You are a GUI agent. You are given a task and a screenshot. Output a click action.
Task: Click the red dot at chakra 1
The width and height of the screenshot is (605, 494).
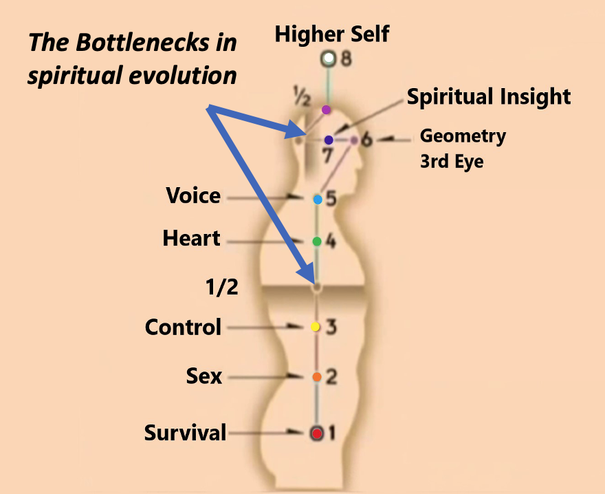coord(317,433)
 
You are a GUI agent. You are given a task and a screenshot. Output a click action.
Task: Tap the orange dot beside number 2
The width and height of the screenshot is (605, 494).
coord(317,377)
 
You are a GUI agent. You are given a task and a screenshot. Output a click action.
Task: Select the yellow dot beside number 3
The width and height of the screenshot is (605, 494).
coord(316,327)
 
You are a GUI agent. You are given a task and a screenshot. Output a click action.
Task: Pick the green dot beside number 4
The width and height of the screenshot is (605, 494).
coord(317,241)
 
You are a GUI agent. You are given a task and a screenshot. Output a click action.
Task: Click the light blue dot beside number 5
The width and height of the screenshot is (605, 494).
coord(318,200)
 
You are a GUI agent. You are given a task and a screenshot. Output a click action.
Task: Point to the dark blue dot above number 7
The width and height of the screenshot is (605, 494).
coord(329,140)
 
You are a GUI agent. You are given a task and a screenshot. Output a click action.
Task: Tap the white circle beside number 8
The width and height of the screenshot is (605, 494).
coord(329,59)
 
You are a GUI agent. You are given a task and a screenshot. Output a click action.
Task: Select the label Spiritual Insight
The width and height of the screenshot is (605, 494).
coord(489,97)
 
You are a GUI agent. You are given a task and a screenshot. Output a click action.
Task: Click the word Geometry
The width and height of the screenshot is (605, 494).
coord(463,136)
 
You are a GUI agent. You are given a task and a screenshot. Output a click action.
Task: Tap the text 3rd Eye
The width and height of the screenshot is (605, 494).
coord(452,162)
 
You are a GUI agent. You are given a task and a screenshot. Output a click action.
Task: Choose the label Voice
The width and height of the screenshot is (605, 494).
coord(193,196)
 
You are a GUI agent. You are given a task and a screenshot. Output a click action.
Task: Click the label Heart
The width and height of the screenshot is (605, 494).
coord(191,239)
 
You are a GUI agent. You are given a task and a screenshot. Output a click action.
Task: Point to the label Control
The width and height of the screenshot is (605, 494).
coord(183,327)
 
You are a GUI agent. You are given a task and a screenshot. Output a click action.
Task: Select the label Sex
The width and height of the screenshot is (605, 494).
coord(204,376)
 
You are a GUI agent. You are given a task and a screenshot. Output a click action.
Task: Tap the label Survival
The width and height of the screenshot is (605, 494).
coord(185,433)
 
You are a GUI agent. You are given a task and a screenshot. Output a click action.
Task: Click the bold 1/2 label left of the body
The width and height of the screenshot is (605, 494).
coord(221,286)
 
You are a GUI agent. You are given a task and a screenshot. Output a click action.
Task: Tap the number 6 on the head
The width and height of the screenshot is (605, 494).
coord(366,140)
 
